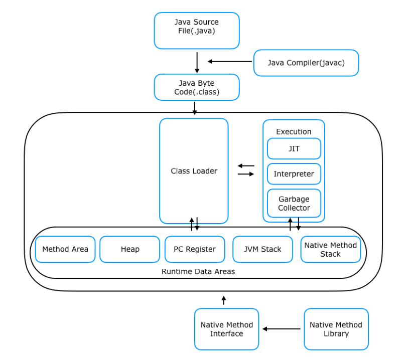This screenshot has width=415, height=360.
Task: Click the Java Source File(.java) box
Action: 197,31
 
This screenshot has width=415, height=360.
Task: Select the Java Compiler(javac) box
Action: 306,63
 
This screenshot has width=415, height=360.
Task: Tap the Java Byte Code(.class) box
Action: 197,87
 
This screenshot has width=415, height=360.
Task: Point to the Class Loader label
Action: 194,171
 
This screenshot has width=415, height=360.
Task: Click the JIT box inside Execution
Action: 294,148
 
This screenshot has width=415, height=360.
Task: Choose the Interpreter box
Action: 294,174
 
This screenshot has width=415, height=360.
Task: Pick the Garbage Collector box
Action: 294,203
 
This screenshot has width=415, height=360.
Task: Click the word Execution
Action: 294,132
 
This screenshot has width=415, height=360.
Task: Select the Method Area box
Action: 65,249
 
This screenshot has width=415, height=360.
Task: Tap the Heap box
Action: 130,249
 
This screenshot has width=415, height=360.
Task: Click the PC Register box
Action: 195,249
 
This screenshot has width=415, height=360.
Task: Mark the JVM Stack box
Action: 263,249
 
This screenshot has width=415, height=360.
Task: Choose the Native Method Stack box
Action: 331,249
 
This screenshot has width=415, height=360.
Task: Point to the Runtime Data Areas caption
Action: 198,272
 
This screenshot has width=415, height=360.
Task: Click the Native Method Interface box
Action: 226,329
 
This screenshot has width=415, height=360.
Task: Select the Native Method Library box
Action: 336,329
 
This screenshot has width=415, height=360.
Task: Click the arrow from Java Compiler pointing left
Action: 230,62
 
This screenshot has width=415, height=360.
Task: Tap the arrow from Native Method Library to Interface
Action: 282,329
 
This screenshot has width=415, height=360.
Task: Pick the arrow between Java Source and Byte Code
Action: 197,63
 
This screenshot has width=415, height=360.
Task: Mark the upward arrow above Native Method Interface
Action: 224,300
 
